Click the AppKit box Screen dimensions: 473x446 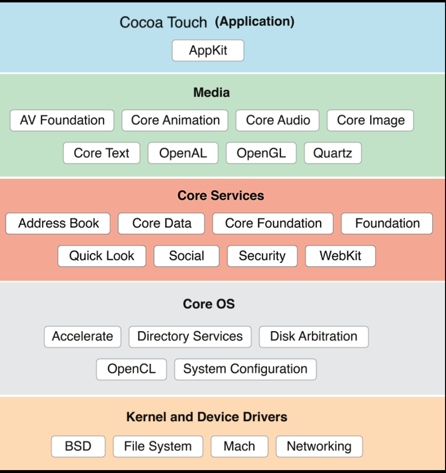point(208,50)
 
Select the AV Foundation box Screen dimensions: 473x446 point(62,120)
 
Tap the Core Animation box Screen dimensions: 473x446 point(175,120)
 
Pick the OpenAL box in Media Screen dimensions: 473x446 point(183,153)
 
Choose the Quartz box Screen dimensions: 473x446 point(333,153)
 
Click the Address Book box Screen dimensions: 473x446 point(58,223)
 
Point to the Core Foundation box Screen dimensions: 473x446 point(273,223)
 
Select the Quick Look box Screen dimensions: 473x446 point(102,256)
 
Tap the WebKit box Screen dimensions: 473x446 point(340,256)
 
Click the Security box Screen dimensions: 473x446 point(262,256)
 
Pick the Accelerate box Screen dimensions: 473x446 point(82,337)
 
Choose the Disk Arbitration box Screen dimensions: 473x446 point(313,337)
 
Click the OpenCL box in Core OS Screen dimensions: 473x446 point(132,369)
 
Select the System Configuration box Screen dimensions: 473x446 point(245,369)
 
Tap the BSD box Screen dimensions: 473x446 point(78,446)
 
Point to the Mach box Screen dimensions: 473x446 point(239,446)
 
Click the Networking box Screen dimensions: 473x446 point(319,446)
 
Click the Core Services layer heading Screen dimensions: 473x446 point(221,195)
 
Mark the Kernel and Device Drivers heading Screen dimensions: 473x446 point(207,417)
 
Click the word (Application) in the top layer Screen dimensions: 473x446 point(254,22)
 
